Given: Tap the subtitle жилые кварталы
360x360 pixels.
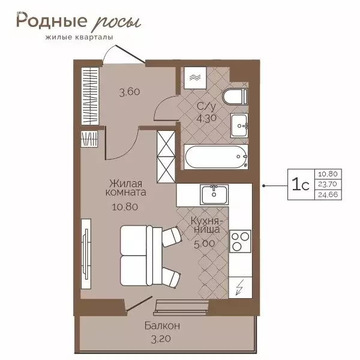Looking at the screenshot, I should click(74, 38).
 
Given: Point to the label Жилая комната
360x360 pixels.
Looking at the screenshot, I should click(127, 188).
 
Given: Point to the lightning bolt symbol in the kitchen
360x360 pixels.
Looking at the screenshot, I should click(240, 287).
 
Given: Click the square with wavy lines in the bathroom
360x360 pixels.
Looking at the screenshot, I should click(196, 77).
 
